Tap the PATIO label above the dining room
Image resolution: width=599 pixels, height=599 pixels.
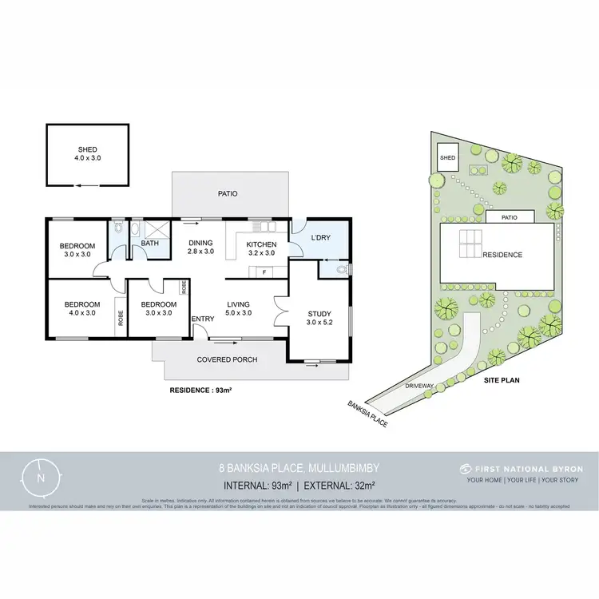pos(229,193)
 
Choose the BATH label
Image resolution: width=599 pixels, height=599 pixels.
pos(150,244)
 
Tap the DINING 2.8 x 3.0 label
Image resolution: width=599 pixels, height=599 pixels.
pos(200,248)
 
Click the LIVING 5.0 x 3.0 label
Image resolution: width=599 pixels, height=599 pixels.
pos(240,308)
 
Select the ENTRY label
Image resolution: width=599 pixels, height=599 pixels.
pos(203,319)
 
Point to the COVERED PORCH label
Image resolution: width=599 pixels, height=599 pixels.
pos(228,359)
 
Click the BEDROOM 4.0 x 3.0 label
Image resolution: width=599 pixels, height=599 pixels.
pos(82,308)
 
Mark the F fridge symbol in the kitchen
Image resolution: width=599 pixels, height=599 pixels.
pos(264,272)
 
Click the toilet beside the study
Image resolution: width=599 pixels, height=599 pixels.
pos(341,270)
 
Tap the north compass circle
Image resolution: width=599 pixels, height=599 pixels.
pos(41,477)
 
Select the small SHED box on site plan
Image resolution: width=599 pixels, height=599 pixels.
pos(447,157)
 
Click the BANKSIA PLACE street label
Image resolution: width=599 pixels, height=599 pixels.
pos(368,413)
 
